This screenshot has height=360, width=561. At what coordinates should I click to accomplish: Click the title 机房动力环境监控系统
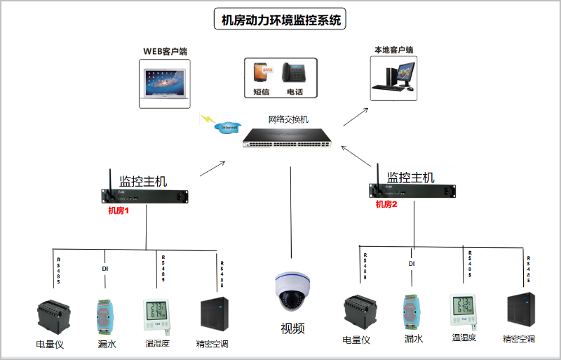pyautogui.click(x=280, y=20)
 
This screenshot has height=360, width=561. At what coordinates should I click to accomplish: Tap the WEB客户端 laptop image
pyautogui.click(x=165, y=83)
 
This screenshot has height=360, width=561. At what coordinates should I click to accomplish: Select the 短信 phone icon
pyautogui.click(x=262, y=72)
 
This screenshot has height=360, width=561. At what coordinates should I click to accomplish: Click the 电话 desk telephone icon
pyautogui.click(x=294, y=73)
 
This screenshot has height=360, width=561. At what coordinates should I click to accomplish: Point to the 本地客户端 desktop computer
pyautogui.click(x=395, y=76)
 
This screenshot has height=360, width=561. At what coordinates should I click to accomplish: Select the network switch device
pyautogui.click(x=288, y=138)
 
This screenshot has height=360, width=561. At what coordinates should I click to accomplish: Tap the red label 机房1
pyautogui.click(x=119, y=210)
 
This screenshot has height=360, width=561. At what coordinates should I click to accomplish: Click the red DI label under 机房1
pyautogui.click(x=105, y=268)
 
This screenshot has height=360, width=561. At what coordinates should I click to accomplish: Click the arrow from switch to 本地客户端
pyautogui.click(x=356, y=116)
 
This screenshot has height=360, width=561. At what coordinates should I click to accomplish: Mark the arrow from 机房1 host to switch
pyautogui.click(x=212, y=169)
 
